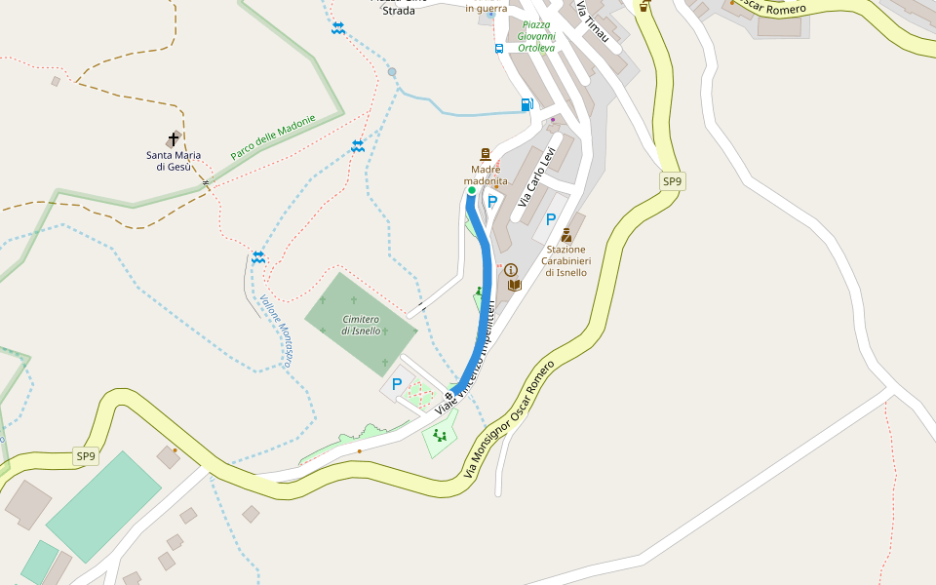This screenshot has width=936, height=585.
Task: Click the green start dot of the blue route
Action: [472, 191]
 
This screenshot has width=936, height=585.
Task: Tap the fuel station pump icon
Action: [527, 104]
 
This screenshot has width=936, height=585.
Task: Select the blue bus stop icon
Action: [499, 48]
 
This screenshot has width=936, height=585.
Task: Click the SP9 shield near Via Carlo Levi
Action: [672, 181]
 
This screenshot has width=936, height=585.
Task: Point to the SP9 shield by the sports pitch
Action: [86, 456]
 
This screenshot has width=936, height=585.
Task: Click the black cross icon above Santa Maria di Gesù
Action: [174, 139]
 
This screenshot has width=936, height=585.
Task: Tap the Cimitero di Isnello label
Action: [361, 326]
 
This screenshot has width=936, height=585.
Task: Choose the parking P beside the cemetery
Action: [397, 384]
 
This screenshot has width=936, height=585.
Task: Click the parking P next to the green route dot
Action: [492, 202]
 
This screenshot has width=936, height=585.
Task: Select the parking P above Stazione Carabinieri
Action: [551, 219]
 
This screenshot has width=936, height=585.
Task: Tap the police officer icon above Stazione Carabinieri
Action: [565, 235]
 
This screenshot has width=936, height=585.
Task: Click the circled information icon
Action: [510, 270]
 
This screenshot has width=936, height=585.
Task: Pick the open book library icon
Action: [515, 285]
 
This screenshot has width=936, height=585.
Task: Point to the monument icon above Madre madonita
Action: [485, 155]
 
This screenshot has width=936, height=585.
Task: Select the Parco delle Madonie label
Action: [273, 137]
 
